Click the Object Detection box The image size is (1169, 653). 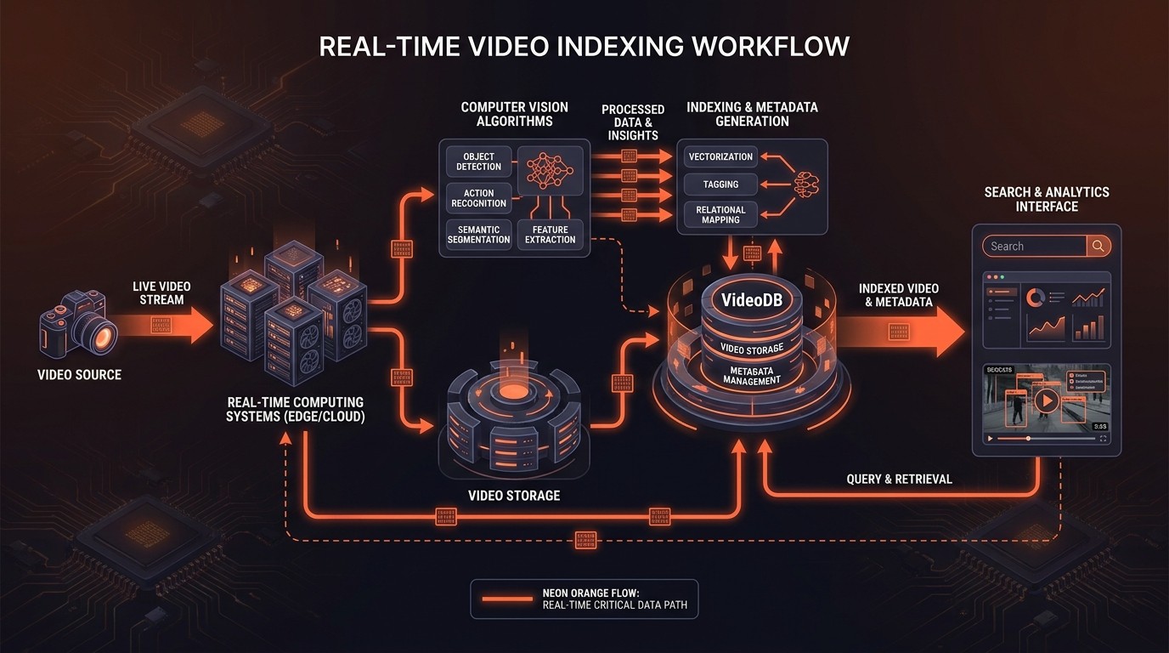(x=478, y=161)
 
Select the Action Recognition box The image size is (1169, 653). (x=478, y=198)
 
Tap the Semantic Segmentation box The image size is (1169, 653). (x=478, y=234)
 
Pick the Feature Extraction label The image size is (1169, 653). (x=550, y=234)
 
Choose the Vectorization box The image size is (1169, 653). (x=720, y=156)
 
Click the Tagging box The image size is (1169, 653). (x=720, y=185)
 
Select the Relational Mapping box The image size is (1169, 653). (x=720, y=214)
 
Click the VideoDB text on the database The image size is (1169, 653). (x=745, y=300)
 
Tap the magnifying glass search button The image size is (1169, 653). (x=1098, y=247)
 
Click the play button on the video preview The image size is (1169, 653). (x=1047, y=402)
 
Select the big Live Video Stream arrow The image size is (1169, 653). (x=166, y=325)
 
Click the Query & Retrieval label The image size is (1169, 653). (x=899, y=480)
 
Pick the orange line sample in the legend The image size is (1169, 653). (x=507, y=599)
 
